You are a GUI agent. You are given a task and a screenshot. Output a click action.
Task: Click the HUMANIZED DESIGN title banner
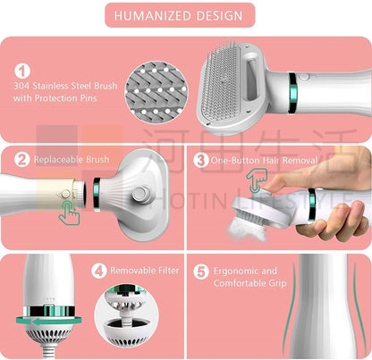pyautogui.click(x=185, y=15)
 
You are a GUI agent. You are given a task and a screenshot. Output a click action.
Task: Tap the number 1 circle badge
pyautogui.click(x=23, y=70)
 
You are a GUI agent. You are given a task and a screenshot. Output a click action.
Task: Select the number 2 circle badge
pyautogui.click(x=22, y=161)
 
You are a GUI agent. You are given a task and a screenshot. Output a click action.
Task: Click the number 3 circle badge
pyautogui.click(x=201, y=161)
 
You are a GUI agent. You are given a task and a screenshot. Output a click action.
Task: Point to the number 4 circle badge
pyautogui.click(x=100, y=269)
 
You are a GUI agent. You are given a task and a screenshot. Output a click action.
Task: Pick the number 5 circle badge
pyautogui.click(x=202, y=270)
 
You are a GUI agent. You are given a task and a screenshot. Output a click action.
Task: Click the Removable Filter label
pyautogui.click(x=144, y=269)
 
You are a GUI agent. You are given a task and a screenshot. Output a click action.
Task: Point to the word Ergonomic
pyautogui.click(x=239, y=270)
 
